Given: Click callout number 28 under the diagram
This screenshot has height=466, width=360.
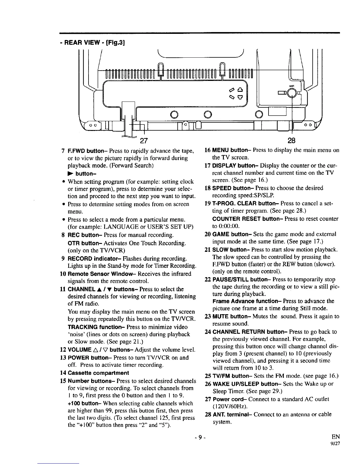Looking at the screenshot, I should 293,140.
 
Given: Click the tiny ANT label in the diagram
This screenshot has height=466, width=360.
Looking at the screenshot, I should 292,86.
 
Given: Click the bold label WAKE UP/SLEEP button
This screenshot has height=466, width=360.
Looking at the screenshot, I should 244,384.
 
